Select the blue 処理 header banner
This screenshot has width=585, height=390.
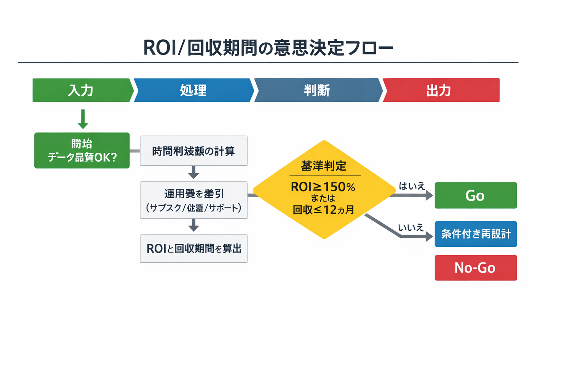pyautogui.click(x=193, y=90)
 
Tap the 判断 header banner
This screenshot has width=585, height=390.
pyautogui.click(x=317, y=90)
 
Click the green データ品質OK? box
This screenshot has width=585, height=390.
pyautogui.click(x=82, y=150)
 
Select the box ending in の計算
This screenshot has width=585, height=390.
pyautogui.click(x=193, y=151)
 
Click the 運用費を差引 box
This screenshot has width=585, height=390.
pyautogui.click(x=193, y=200)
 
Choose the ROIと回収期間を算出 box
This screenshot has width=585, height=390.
pyautogui.click(x=193, y=248)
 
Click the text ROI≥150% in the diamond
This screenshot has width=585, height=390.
pyautogui.click(x=323, y=187)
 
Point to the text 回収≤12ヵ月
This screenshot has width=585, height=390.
pyautogui.click(x=323, y=210)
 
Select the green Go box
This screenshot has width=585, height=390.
pyautogui.click(x=476, y=195)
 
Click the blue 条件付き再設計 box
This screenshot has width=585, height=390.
pyautogui.click(x=476, y=234)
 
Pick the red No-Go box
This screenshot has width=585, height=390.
pyautogui.click(x=476, y=268)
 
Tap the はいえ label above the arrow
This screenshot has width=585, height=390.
pyautogui.click(x=411, y=186)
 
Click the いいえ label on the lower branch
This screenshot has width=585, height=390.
pyautogui.click(x=411, y=228)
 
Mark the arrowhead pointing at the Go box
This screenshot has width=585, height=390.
pyautogui.click(x=429, y=195)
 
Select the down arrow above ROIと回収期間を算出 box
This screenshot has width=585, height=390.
pyautogui.click(x=193, y=225)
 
